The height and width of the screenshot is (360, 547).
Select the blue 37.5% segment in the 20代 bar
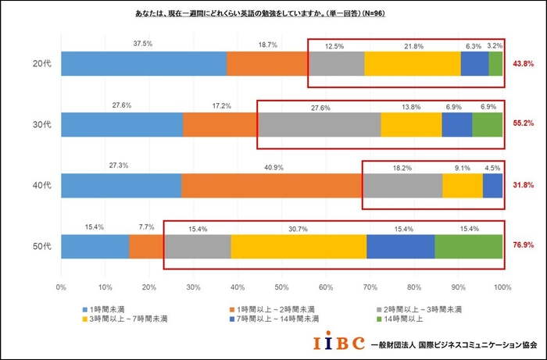click(143, 63)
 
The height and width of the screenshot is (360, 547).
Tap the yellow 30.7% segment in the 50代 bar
click(299, 246)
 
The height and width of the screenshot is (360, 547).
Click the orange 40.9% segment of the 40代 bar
click(271, 185)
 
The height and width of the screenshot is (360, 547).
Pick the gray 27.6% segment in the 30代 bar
click(319, 124)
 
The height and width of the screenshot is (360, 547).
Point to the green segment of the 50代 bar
click(468, 246)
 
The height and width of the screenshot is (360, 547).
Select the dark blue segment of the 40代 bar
click(492, 185)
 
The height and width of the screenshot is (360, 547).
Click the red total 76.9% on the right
click(523, 245)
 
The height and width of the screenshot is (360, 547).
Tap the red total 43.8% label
click(523, 63)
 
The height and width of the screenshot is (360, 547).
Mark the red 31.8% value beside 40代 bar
click(523, 185)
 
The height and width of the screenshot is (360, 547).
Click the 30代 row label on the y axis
click(41, 124)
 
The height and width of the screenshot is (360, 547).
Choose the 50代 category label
click(41, 246)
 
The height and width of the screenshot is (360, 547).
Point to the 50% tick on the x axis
click(281, 287)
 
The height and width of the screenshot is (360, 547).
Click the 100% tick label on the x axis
click(502, 287)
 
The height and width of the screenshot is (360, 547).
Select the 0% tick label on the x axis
click(61, 287)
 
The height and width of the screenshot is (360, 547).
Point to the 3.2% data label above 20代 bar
click(495, 46)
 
